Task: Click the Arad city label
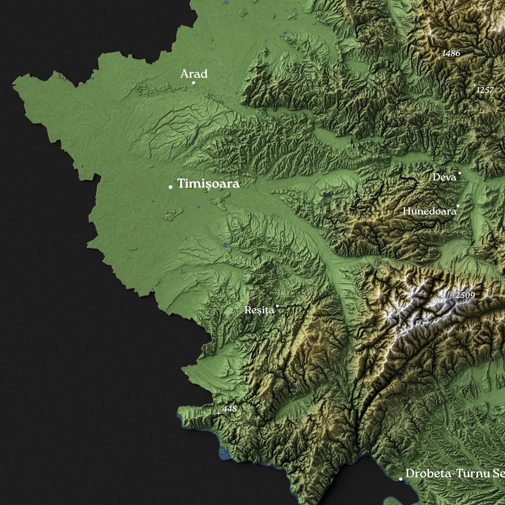pyautogui.click(x=194, y=74)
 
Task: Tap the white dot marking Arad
pyautogui.click(x=194, y=83)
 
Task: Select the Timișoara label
pyautogui.click(x=208, y=183)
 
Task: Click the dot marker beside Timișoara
pyautogui.click(x=171, y=187)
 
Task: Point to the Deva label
pyautogui.click(x=444, y=178)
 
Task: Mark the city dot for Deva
pyautogui.click(x=460, y=173)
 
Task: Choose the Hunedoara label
pyautogui.click(x=430, y=211)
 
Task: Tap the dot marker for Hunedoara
pyautogui.click(x=458, y=206)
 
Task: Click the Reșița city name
pyautogui.click(x=259, y=310)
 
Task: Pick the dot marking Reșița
pyautogui.click(x=277, y=306)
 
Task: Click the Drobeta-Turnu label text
pyautogui.click(x=454, y=474)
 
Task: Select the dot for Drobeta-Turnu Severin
pyautogui.click(x=401, y=479)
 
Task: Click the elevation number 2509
pyautogui.click(x=465, y=295)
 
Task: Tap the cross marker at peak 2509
pyautogui.click(x=452, y=300)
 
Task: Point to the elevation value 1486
pyautogui.click(x=451, y=53)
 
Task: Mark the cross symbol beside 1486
pyautogui.click(x=439, y=58)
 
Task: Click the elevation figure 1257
pyautogui.click(x=485, y=90)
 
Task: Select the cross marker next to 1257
pyautogui.click(x=474, y=85)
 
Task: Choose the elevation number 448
pyautogui.click(x=230, y=409)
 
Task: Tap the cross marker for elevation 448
pyautogui.click(x=219, y=413)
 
